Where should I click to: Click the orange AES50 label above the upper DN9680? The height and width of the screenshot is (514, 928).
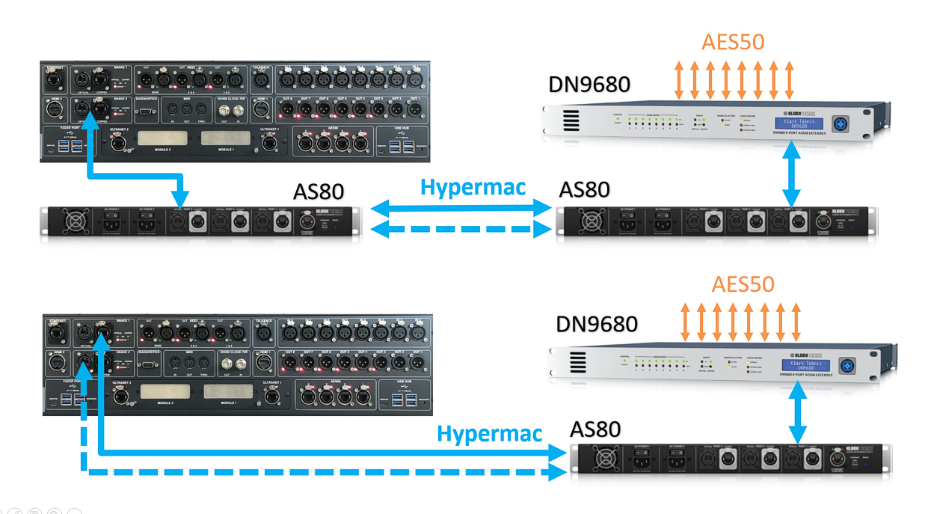pyautogui.click(x=733, y=41)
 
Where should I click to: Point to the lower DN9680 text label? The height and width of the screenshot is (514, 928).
pyautogui.click(x=597, y=324)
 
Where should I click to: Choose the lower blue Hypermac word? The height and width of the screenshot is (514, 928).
pyautogui.click(x=490, y=432)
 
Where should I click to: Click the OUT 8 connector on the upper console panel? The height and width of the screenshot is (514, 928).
pyautogui.click(x=286, y=109)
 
